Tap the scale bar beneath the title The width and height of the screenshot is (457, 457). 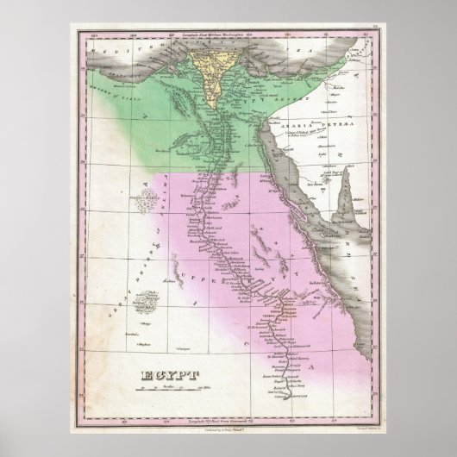[166, 394]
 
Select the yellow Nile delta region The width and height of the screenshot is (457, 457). [209, 64]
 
